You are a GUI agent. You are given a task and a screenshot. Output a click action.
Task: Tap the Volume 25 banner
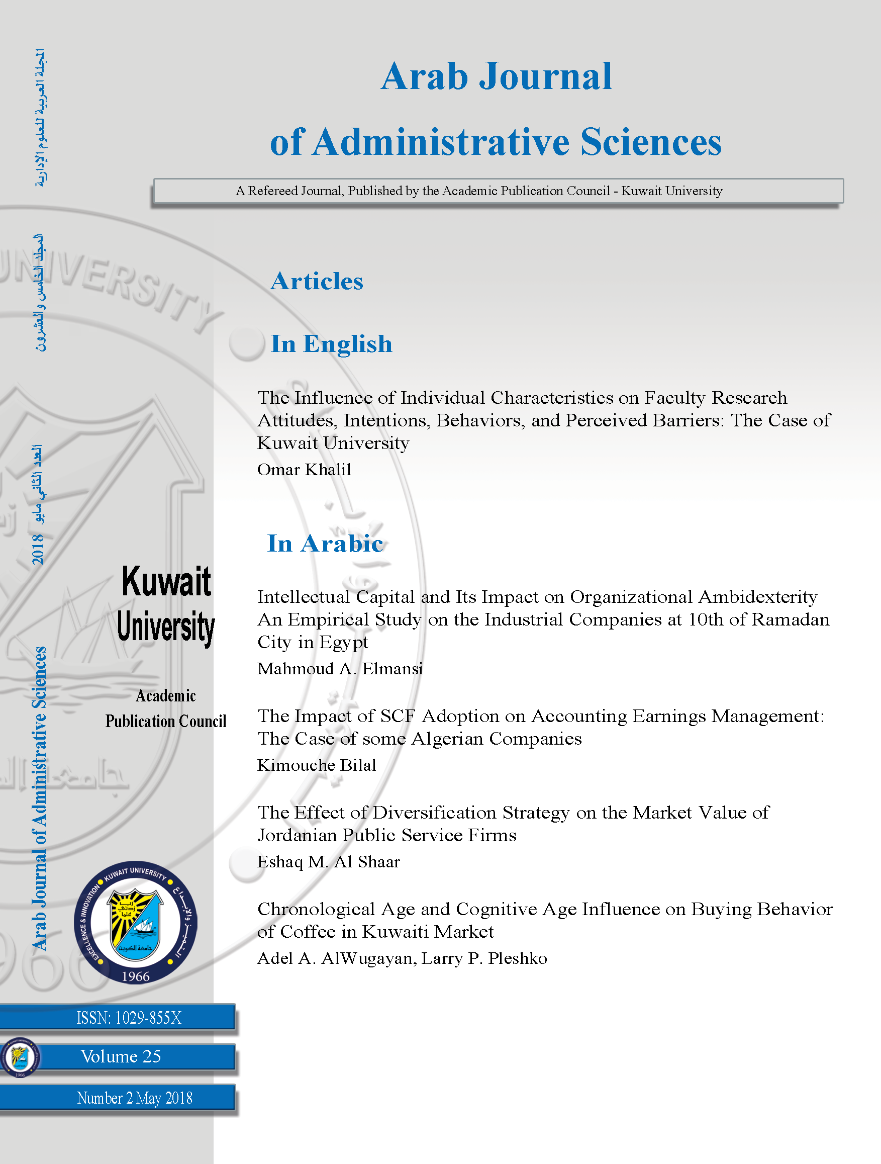121,1056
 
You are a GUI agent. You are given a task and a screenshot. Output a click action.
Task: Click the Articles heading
317,281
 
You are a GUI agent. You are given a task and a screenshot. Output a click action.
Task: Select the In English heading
331,344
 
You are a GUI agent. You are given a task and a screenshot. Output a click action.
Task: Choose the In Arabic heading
325,544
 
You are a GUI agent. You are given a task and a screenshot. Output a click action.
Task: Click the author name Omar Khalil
304,470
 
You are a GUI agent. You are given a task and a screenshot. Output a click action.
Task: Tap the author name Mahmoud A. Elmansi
340,669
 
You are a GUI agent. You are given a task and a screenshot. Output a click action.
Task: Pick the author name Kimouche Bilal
317,765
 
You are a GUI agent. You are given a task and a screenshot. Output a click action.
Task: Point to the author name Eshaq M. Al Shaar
328,862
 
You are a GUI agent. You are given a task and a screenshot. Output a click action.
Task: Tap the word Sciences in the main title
651,142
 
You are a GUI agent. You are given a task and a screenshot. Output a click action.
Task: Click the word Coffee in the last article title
308,932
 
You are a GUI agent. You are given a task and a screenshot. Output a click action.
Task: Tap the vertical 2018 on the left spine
38,549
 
